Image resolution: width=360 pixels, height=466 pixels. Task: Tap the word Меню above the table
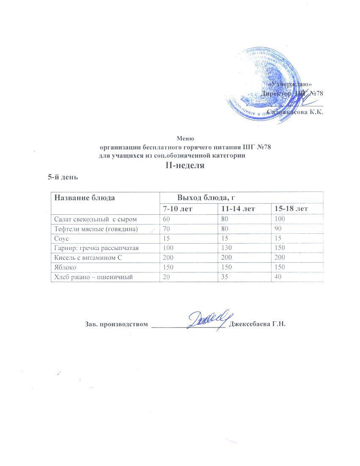[x=185, y=138]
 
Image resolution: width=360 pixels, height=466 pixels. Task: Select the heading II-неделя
[x=185, y=166]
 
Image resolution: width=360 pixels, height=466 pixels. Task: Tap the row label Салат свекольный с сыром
[x=95, y=219]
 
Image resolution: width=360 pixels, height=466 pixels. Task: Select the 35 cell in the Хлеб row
[x=221, y=277]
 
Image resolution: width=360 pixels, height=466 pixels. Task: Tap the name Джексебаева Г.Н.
[x=258, y=325]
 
